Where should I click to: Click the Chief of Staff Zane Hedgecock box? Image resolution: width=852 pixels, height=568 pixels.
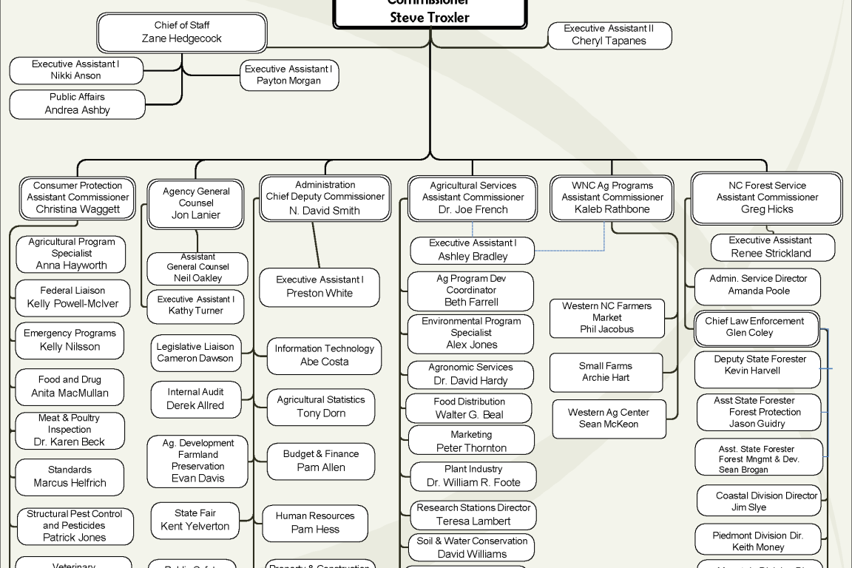tap(182, 33)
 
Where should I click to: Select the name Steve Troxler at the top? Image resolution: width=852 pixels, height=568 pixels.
tap(430, 18)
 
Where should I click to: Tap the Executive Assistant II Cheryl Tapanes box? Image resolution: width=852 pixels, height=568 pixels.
tap(609, 35)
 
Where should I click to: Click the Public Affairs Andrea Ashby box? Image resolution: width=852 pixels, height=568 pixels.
tap(78, 104)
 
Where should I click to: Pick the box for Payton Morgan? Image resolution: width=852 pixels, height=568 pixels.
tap(289, 75)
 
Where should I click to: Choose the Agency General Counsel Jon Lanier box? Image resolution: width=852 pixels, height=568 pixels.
tap(196, 203)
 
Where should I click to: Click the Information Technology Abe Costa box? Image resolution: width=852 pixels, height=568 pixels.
tap(324, 356)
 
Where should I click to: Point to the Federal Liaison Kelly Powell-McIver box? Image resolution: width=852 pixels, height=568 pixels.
tap(72, 297)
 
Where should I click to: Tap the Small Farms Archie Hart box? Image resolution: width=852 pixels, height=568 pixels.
tap(606, 372)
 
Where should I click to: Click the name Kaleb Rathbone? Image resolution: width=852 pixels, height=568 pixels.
tap(612, 209)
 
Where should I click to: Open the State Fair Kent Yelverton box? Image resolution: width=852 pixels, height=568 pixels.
tap(195, 520)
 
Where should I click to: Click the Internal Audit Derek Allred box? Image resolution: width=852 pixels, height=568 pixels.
tap(195, 399)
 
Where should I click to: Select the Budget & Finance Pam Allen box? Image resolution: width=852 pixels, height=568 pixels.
tap(321, 461)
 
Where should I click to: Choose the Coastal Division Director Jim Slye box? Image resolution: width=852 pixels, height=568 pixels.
tap(759, 501)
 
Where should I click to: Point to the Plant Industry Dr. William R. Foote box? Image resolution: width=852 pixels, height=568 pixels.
tap(473, 476)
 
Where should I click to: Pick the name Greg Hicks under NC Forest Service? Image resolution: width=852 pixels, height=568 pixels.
tap(767, 209)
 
